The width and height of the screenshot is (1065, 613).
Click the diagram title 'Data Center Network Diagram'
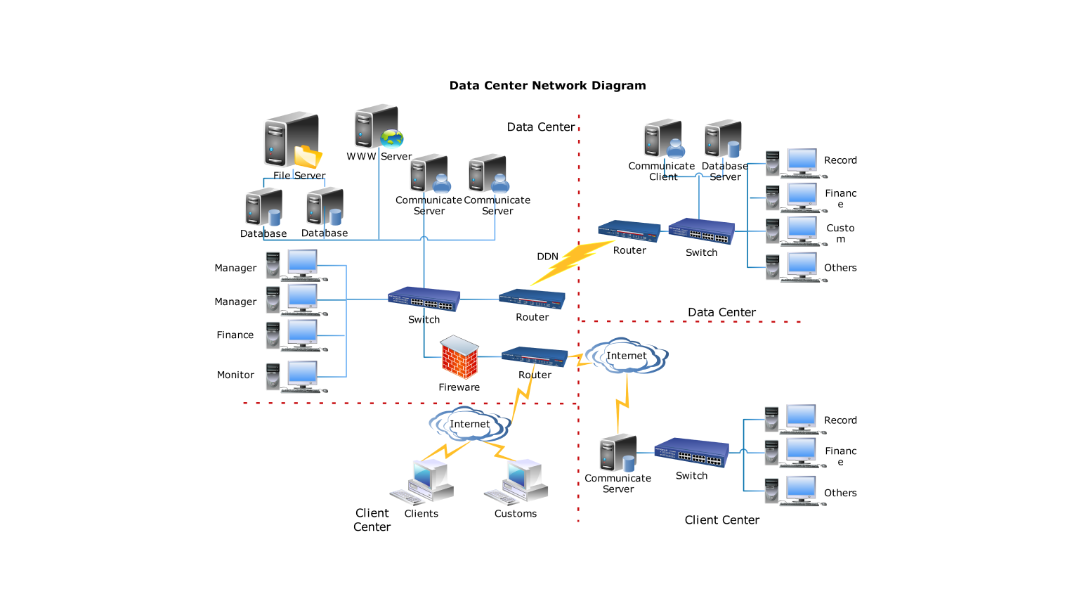coord(547,86)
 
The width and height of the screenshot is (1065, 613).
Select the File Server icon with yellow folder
coord(292,140)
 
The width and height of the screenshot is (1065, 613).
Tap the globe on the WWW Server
coord(391,138)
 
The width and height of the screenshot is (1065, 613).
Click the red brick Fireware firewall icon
coord(459,358)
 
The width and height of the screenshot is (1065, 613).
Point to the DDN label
coord(547,257)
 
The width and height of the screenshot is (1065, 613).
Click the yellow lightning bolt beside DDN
coord(573,262)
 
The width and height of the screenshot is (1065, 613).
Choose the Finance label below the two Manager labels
coord(235,335)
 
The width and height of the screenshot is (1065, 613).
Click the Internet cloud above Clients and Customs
coord(469,424)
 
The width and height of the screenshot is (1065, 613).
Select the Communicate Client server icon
coord(664,138)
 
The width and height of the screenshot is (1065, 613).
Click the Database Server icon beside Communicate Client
coord(724,138)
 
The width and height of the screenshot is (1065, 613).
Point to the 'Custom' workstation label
coord(840,233)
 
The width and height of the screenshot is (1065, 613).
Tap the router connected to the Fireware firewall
coord(534,357)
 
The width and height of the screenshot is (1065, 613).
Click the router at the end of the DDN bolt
coord(629,231)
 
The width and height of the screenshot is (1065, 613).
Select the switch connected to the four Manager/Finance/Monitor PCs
coord(424,299)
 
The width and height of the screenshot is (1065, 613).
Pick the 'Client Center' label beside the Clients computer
coord(372,520)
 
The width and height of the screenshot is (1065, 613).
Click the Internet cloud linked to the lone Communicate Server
coord(626,356)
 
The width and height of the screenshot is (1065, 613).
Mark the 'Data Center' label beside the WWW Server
coord(540,127)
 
